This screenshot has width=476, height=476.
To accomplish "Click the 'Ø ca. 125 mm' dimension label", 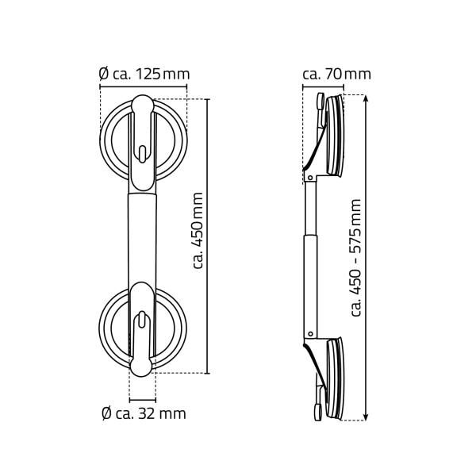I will point(144,75).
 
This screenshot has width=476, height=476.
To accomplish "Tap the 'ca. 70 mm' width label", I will point(336,75).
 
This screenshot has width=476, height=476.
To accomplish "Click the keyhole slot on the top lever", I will point(142,152).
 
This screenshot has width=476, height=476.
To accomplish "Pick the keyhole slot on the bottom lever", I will point(142,321).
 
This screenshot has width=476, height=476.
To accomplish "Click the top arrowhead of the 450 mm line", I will point(206,102).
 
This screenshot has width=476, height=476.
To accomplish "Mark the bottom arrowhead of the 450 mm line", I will point(206,370).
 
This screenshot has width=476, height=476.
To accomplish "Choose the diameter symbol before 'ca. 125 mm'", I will point(103,75).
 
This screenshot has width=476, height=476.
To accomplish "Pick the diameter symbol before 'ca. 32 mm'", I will point(105,413).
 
